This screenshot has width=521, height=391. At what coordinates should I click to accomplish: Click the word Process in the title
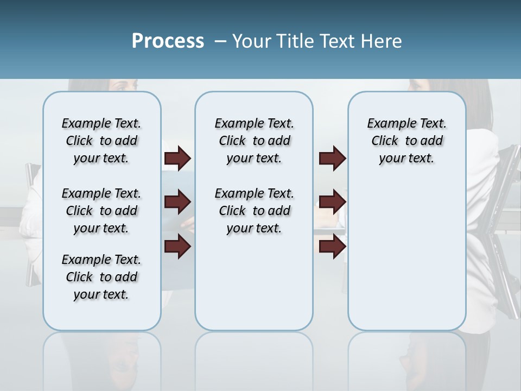(x=168, y=41)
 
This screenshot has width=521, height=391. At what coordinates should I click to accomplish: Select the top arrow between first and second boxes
(x=177, y=158)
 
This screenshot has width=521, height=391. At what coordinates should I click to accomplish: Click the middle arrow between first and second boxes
(x=177, y=202)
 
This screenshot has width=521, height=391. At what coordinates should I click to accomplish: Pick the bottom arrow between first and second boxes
(x=177, y=246)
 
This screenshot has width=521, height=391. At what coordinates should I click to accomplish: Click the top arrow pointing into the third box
(x=332, y=158)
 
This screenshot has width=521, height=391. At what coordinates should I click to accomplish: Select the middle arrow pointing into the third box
(x=332, y=202)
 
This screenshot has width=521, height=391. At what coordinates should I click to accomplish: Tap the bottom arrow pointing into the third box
(x=332, y=246)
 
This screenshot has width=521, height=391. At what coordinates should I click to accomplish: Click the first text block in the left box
(x=101, y=141)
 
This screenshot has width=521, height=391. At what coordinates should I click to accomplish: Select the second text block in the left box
(x=101, y=211)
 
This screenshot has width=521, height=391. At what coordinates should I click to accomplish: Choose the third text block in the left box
(x=101, y=277)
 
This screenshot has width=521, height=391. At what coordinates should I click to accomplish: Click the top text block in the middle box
(x=254, y=141)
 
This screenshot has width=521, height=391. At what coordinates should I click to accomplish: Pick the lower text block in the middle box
(x=254, y=211)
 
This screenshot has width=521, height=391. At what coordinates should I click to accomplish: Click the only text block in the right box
(x=407, y=141)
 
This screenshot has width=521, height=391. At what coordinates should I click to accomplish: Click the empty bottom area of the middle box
(x=254, y=288)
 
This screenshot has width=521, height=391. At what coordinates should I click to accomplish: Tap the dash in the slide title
(x=220, y=41)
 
